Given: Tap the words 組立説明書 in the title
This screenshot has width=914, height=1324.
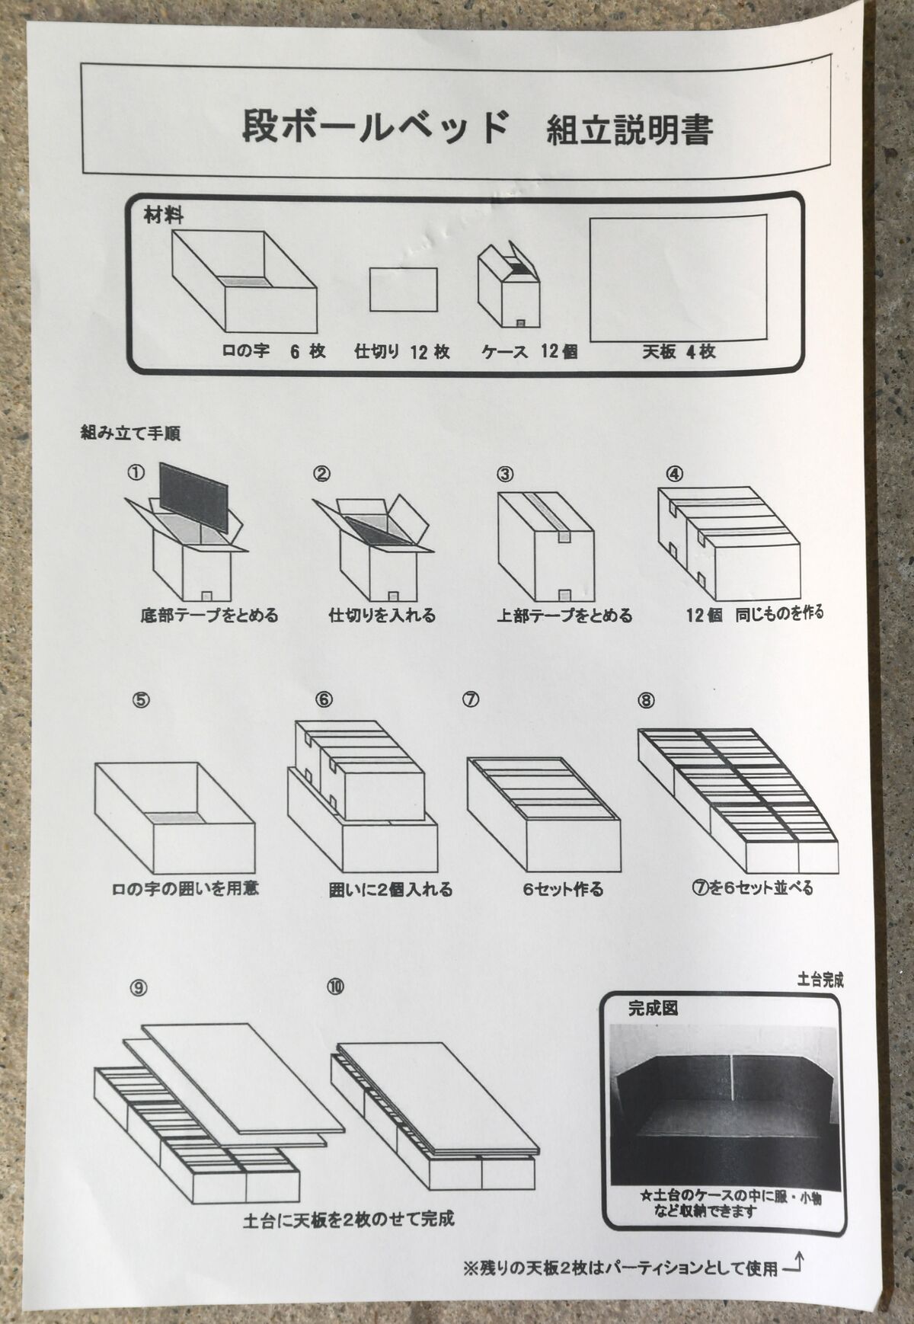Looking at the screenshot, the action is (x=629, y=130).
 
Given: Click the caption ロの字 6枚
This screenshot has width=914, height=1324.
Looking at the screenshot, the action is (x=273, y=351).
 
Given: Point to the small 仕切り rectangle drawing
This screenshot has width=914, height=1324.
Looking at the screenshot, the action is (x=404, y=289).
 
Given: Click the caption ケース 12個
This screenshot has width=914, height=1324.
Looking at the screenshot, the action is (x=529, y=351).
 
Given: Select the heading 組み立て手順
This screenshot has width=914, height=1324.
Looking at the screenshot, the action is (x=130, y=433).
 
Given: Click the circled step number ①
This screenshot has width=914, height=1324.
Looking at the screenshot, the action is (x=136, y=473).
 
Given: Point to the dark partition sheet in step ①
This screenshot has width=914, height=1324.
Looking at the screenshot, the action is (x=194, y=497).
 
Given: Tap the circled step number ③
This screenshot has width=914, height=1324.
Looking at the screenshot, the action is (x=505, y=474).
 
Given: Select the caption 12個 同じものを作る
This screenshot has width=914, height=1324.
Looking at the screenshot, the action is (x=754, y=613).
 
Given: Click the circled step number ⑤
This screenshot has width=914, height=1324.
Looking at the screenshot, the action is (x=141, y=700).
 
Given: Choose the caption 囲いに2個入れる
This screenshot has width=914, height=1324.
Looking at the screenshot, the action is (x=390, y=889).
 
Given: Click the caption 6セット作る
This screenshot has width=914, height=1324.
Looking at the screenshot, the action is (x=563, y=889).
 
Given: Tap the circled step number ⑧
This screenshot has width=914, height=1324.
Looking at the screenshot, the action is (x=646, y=699).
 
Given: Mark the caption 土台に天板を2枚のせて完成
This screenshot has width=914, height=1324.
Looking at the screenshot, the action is (x=349, y=1219).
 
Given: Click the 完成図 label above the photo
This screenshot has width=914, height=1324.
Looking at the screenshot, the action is (x=653, y=1009).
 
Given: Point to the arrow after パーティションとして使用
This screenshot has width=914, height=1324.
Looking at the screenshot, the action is (x=793, y=1266).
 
